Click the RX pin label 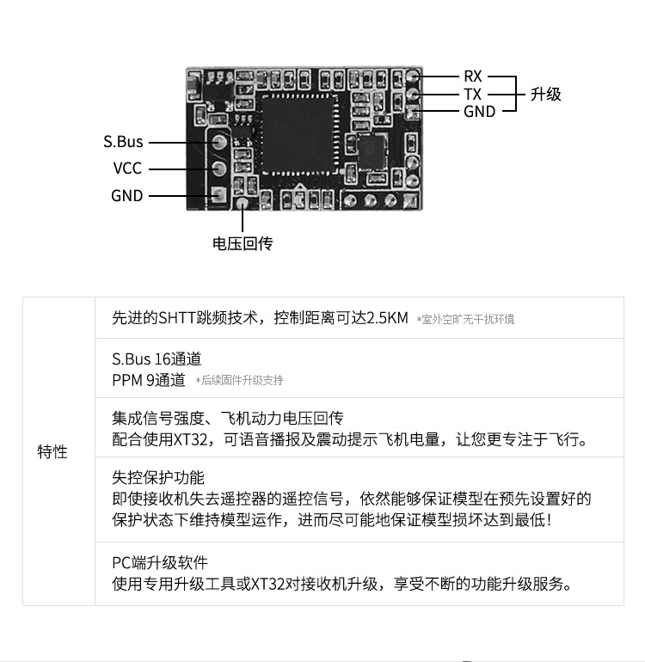coord(473,77)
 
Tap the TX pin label coord(473,94)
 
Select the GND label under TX coord(479,111)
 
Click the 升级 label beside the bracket coord(545,94)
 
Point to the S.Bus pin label coord(123,142)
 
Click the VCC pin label coord(127,169)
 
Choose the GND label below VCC coord(126,195)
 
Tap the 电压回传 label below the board coord(243,243)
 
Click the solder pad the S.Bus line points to coord(218,142)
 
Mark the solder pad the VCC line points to coord(218,169)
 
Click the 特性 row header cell coord(52,451)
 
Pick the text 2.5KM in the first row coord(387,317)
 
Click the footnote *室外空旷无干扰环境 coord(465,319)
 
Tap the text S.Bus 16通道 coord(157,359)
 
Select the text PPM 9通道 coord(148,379)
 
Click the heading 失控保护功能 coord(158,477)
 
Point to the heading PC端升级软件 coord(160,562)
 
